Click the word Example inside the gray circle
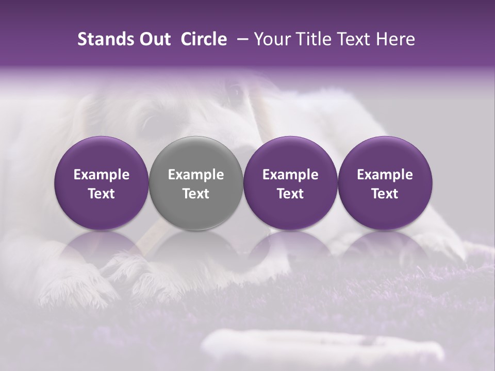[x=196, y=175]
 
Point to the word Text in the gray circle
[x=196, y=194]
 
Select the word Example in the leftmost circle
[x=101, y=175]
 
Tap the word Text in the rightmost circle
[x=385, y=194]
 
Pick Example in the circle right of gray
[x=290, y=175]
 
